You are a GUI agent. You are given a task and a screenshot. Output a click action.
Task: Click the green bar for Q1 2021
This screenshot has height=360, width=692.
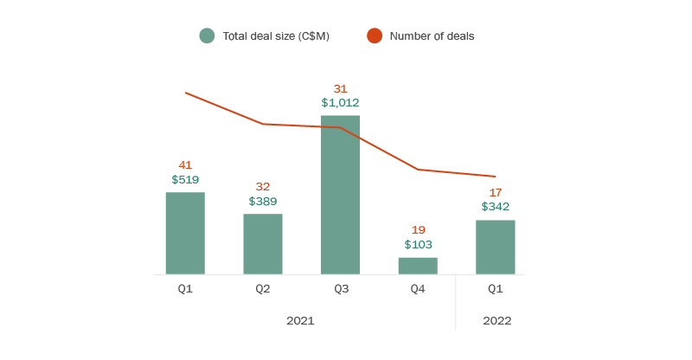pyautogui.click(x=185, y=233)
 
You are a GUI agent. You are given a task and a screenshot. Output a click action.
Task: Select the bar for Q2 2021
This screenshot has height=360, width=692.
pyautogui.click(x=263, y=244)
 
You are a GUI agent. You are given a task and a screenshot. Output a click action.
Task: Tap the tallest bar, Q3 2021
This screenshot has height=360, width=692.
pyautogui.click(x=340, y=195)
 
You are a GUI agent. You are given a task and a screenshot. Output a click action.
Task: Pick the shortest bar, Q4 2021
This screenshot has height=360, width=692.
pyautogui.click(x=418, y=266)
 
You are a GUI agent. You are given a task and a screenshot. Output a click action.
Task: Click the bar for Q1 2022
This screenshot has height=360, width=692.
pyautogui.click(x=495, y=247)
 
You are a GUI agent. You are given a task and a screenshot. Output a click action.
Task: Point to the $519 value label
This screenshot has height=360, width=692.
pyautogui.click(x=185, y=180)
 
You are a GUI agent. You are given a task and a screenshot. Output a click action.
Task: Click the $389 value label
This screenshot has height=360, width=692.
pyautogui.click(x=263, y=202)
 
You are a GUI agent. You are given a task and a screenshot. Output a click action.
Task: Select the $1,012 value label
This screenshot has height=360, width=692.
pyautogui.click(x=340, y=103)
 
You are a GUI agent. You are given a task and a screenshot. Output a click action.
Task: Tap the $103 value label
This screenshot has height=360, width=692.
pyautogui.click(x=418, y=245)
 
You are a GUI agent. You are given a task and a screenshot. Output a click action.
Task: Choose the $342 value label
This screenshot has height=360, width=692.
pyautogui.click(x=495, y=207)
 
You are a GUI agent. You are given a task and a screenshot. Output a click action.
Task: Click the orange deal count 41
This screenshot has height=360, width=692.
pyautogui.click(x=185, y=165)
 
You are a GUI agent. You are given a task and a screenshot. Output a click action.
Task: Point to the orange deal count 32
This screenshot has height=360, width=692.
pyautogui.click(x=263, y=187)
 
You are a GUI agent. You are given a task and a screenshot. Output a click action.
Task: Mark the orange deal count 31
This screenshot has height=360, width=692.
pyautogui.click(x=340, y=88)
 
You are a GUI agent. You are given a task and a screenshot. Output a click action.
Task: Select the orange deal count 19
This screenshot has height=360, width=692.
pyautogui.click(x=418, y=230)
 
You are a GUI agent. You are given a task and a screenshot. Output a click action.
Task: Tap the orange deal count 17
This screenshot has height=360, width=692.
pyautogui.click(x=495, y=192)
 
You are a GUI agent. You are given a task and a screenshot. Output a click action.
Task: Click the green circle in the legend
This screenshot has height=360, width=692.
pyautogui.click(x=207, y=35)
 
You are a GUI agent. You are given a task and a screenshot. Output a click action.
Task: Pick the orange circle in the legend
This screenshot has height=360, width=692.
pyautogui.click(x=374, y=35)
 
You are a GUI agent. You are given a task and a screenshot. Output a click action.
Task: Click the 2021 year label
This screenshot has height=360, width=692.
pyautogui.click(x=300, y=321)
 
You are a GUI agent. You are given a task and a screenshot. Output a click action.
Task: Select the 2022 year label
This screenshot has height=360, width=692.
pyautogui.click(x=497, y=321)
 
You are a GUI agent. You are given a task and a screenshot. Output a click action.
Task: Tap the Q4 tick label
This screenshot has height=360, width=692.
pyautogui.click(x=418, y=289)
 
